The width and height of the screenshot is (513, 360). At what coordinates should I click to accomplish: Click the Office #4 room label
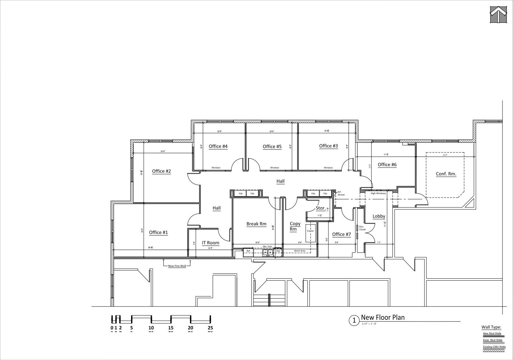pos(218,146)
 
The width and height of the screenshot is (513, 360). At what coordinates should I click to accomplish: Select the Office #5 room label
pos(272,147)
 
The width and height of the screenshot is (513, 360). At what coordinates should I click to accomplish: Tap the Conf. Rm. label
pos(446,174)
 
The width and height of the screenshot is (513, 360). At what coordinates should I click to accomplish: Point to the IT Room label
pos(211,243)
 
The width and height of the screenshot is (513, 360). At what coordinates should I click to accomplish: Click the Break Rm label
pos(256,224)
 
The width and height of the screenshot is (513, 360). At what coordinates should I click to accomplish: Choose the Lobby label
pos(379,216)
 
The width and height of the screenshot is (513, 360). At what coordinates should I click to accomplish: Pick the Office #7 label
pos(341,234)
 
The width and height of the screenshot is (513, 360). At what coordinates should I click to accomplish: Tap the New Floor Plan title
pos(383,317)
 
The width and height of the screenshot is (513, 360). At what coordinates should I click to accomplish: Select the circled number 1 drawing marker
pos(354,320)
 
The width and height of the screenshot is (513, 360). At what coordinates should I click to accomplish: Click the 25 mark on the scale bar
pos(210,328)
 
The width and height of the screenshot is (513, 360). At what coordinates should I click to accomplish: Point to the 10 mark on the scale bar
pos(151,328)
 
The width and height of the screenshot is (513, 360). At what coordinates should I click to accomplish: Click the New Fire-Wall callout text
pos(177,266)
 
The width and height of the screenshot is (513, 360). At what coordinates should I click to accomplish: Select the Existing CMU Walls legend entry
pos(494,347)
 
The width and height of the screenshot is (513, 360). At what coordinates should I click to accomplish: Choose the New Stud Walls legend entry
pos(492,333)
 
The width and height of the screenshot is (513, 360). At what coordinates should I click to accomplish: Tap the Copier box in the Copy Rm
pos(310,231)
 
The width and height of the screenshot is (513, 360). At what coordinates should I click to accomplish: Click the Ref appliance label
pos(248,251)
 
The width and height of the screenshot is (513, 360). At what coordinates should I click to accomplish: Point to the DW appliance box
pos(278,251)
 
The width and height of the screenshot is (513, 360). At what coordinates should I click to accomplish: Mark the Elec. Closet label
pos(362,228)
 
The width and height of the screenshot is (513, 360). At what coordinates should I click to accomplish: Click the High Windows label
pos(378,193)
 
